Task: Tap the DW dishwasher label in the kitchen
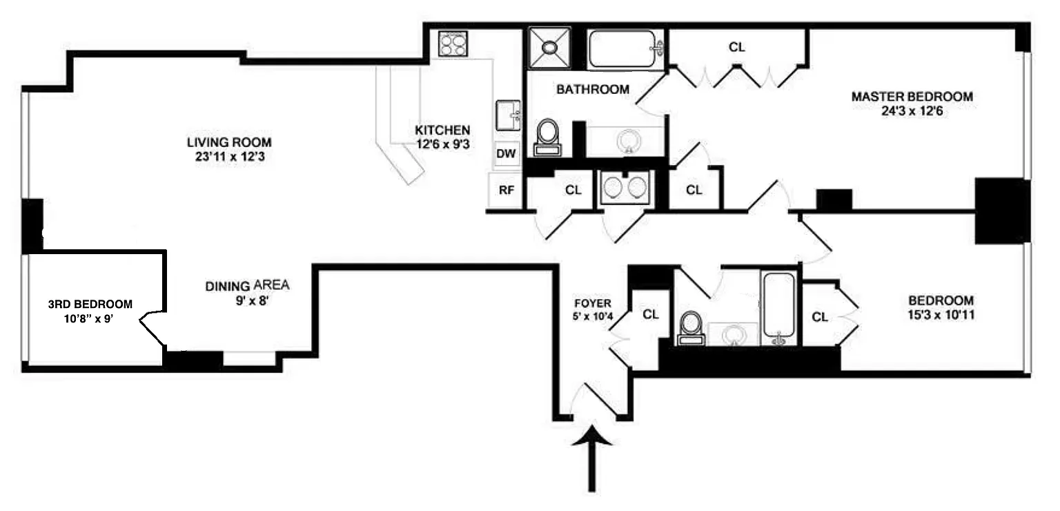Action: (507, 153)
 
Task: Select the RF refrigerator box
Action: (506, 191)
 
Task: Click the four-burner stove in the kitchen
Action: (453, 44)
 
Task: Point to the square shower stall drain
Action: (549, 48)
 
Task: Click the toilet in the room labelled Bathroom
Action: (549, 135)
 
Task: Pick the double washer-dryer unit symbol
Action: (625, 187)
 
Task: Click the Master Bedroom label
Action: (912, 97)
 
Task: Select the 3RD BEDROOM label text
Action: (90, 304)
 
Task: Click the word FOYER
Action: (592, 302)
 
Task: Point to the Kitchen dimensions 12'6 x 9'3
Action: (443, 144)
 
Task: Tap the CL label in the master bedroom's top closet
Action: (737, 48)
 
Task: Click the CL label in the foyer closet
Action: (651, 314)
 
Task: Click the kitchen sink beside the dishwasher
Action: (509, 115)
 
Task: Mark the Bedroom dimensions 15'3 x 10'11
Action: (941, 315)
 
